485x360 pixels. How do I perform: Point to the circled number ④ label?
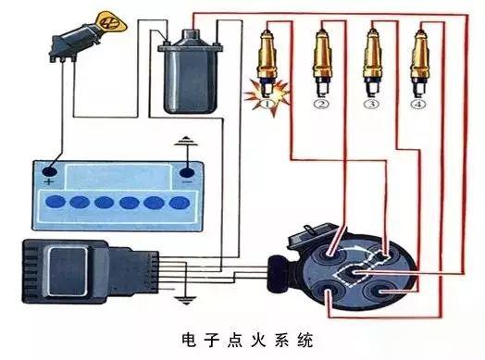pyautogui.click(x=421, y=105)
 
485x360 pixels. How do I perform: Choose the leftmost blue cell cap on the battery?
pyautogui.click(x=49, y=202)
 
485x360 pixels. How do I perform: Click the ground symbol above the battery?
pyautogui.click(x=189, y=143)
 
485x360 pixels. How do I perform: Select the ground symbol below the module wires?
pyautogui.click(x=184, y=298)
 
